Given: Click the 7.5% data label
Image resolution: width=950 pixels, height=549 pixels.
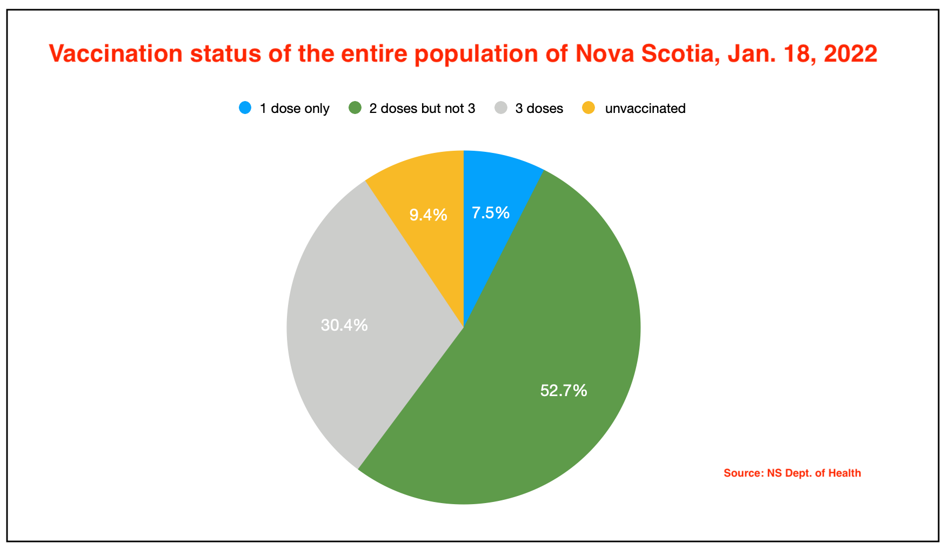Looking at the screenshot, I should click(x=491, y=213).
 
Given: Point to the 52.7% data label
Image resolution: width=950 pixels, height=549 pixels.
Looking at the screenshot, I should click(x=564, y=390).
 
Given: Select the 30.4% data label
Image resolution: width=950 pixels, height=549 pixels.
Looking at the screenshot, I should click(x=344, y=325).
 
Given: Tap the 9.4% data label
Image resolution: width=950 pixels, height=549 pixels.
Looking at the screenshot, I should click(x=428, y=215).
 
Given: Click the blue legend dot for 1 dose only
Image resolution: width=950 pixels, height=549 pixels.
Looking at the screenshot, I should click(x=245, y=108).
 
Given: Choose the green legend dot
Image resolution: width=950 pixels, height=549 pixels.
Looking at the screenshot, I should click(x=355, y=108).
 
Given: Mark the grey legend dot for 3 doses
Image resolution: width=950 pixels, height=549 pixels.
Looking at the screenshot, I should click(x=501, y=108).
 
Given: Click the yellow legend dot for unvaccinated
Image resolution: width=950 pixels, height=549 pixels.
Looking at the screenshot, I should click(x=588, y=108).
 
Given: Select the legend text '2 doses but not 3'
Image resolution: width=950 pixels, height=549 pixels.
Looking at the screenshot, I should click(x=422, y=109).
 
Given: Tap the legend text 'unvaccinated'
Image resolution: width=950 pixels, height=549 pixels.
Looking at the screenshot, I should click(x=645, y=109).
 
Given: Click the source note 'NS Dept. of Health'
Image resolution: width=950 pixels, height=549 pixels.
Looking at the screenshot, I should click(x=814, y=473).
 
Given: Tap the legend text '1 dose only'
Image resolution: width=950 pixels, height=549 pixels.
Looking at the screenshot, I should click(x=295, y=109).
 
